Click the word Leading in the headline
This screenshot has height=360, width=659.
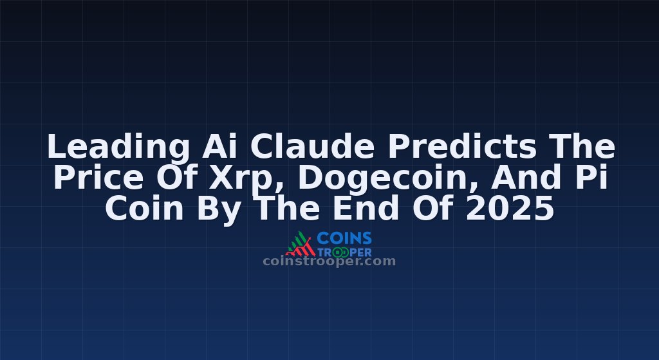[118, 147]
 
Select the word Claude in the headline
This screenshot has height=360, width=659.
[312, 146]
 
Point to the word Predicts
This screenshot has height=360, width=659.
[462, 146]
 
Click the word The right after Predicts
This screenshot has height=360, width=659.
[582, 146]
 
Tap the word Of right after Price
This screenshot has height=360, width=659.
[177, 177]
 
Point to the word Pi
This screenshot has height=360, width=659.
[592, 177]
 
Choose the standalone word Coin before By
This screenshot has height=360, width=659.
[144, 208]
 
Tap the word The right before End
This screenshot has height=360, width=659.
[288, 208]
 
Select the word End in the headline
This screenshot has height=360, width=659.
[366, 208]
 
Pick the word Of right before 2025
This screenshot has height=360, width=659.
[432, 208]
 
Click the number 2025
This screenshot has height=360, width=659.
[510, 208]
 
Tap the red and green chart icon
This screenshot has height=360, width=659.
[301, 244]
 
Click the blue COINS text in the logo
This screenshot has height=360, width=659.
[344, 238]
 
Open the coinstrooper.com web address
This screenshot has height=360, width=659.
[329, 261]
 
